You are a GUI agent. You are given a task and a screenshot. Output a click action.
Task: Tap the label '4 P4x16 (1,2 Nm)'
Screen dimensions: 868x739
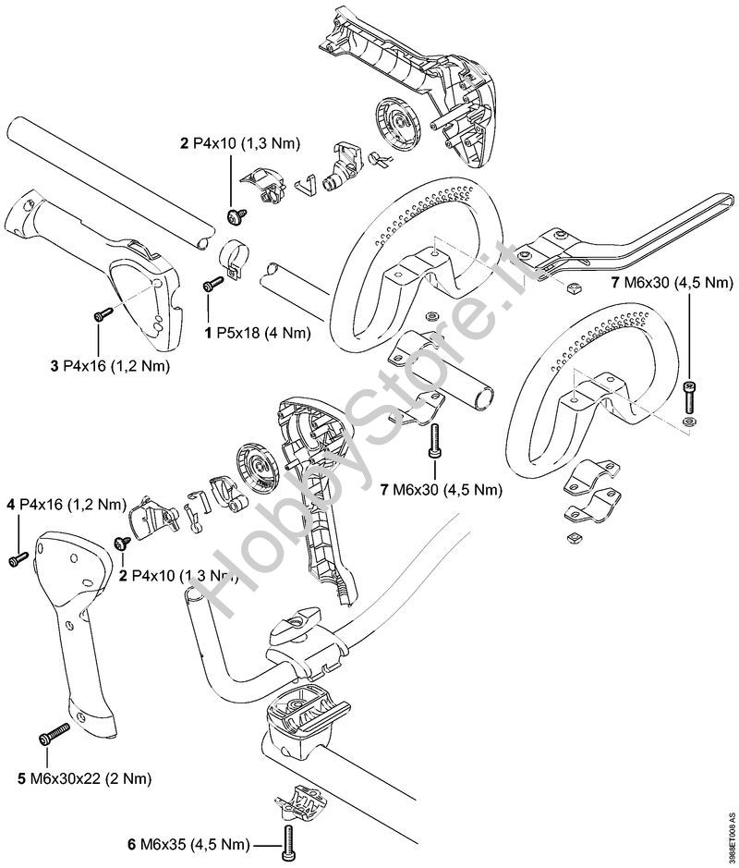click(66, 505)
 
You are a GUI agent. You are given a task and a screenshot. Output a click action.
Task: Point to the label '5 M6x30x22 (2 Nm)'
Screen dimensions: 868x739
click(85, 777)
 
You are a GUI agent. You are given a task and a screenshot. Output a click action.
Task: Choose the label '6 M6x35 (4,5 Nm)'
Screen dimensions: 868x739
click(189, 844)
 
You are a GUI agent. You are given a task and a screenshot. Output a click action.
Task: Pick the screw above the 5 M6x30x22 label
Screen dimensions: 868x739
click(53, 735)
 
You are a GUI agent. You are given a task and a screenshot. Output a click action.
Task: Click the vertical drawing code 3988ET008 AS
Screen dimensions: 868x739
click(732, 837)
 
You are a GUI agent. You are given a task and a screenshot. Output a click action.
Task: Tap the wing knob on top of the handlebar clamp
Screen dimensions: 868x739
click(293, 629)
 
